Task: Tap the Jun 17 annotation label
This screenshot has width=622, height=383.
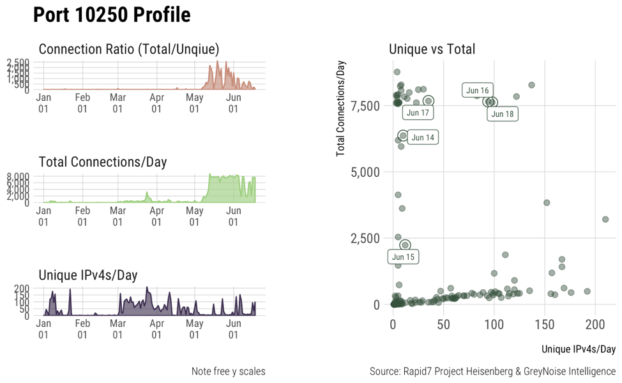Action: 418,113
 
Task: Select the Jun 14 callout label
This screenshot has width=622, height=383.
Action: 423,137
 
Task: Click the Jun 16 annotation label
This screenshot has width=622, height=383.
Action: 477,91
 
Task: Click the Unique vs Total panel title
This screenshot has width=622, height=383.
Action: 432,49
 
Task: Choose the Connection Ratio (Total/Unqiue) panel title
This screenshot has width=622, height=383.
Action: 129,49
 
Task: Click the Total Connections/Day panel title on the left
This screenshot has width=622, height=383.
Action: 103,161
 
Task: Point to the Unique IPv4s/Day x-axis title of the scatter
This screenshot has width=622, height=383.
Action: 578,349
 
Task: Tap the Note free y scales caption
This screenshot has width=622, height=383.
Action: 228,372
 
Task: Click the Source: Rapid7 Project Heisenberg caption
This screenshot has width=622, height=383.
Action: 492,372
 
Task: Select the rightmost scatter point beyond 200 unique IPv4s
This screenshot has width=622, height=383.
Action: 605,219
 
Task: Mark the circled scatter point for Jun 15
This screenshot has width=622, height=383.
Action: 405,245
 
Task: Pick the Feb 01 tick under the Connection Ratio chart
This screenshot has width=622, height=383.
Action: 82,103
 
